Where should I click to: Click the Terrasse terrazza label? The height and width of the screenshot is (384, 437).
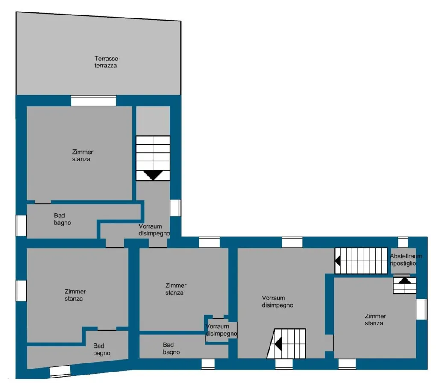106,62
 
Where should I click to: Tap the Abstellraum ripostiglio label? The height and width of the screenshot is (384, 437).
406,260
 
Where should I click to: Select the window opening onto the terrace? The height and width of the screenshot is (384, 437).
94,101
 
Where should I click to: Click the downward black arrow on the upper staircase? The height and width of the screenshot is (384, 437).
153,175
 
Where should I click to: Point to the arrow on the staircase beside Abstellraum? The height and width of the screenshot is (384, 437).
338,261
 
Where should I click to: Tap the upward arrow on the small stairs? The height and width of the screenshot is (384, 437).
405,281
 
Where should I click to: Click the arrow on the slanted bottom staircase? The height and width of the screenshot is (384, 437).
278,344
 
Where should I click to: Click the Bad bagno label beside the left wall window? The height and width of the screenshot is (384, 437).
62,219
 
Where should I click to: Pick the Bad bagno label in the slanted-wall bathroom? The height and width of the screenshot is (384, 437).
102,349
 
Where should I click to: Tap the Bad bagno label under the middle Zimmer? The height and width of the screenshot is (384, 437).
171,349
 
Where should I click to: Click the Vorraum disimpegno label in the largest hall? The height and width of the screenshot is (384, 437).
277,302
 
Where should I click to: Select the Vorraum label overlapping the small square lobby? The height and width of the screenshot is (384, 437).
217,326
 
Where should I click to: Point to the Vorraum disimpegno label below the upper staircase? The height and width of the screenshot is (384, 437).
154,230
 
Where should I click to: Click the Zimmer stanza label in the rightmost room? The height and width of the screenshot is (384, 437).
375,320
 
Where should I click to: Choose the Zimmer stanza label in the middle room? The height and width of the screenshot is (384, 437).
176,289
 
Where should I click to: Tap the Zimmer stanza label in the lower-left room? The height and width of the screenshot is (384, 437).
75,295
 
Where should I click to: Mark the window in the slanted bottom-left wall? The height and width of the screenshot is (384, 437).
60,372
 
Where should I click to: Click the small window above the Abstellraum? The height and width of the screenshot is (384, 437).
403,243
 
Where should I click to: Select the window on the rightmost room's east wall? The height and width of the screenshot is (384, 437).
421,309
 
